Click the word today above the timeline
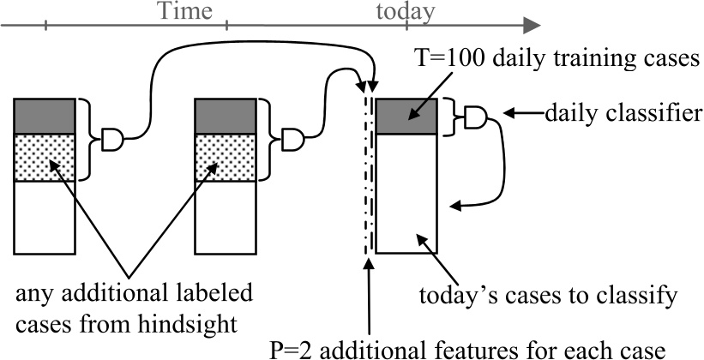pos(406,11)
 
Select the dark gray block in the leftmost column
pos(45,116)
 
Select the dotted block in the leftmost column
pos(45,157)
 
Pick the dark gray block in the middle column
pos(226,116)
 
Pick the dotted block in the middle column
pos(226,157)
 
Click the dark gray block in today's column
pos(406,116)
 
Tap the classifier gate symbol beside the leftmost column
pos(113,139)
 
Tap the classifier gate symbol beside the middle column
pos(294,139)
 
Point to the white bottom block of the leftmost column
pos(45,219)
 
